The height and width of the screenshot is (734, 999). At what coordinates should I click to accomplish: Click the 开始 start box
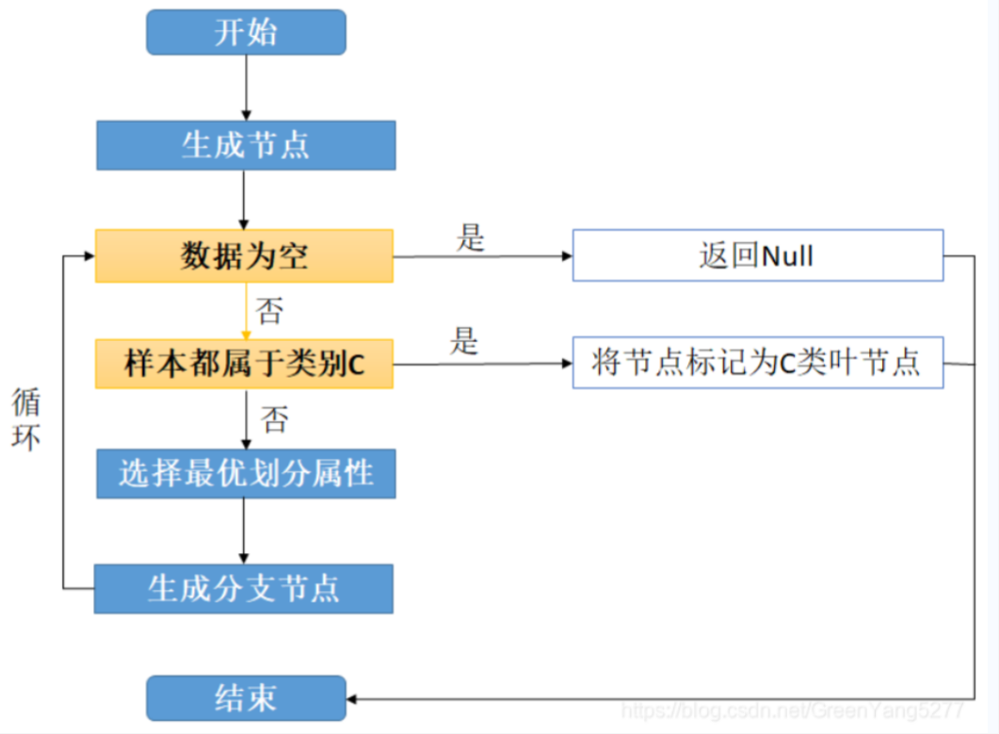246,32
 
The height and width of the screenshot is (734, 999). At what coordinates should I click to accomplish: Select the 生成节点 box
246,145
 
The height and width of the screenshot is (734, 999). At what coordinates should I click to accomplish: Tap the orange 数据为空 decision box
244,255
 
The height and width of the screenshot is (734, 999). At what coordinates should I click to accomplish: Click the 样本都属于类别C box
244,364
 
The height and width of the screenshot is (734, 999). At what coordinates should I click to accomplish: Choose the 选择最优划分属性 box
246,473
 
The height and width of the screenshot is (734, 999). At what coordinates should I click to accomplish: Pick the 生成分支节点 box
243,589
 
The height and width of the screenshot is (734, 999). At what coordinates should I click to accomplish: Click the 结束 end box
246,698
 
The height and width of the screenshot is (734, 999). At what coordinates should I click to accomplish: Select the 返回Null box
757,255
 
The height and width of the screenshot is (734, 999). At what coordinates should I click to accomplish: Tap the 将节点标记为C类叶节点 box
757,363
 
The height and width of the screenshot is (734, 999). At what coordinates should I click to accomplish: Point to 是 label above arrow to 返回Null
470,237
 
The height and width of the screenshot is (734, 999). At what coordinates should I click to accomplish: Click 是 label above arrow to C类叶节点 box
464,341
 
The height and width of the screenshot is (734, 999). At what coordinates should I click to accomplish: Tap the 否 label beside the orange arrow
269,310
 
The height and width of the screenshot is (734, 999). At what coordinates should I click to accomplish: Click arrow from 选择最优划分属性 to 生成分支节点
244,530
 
